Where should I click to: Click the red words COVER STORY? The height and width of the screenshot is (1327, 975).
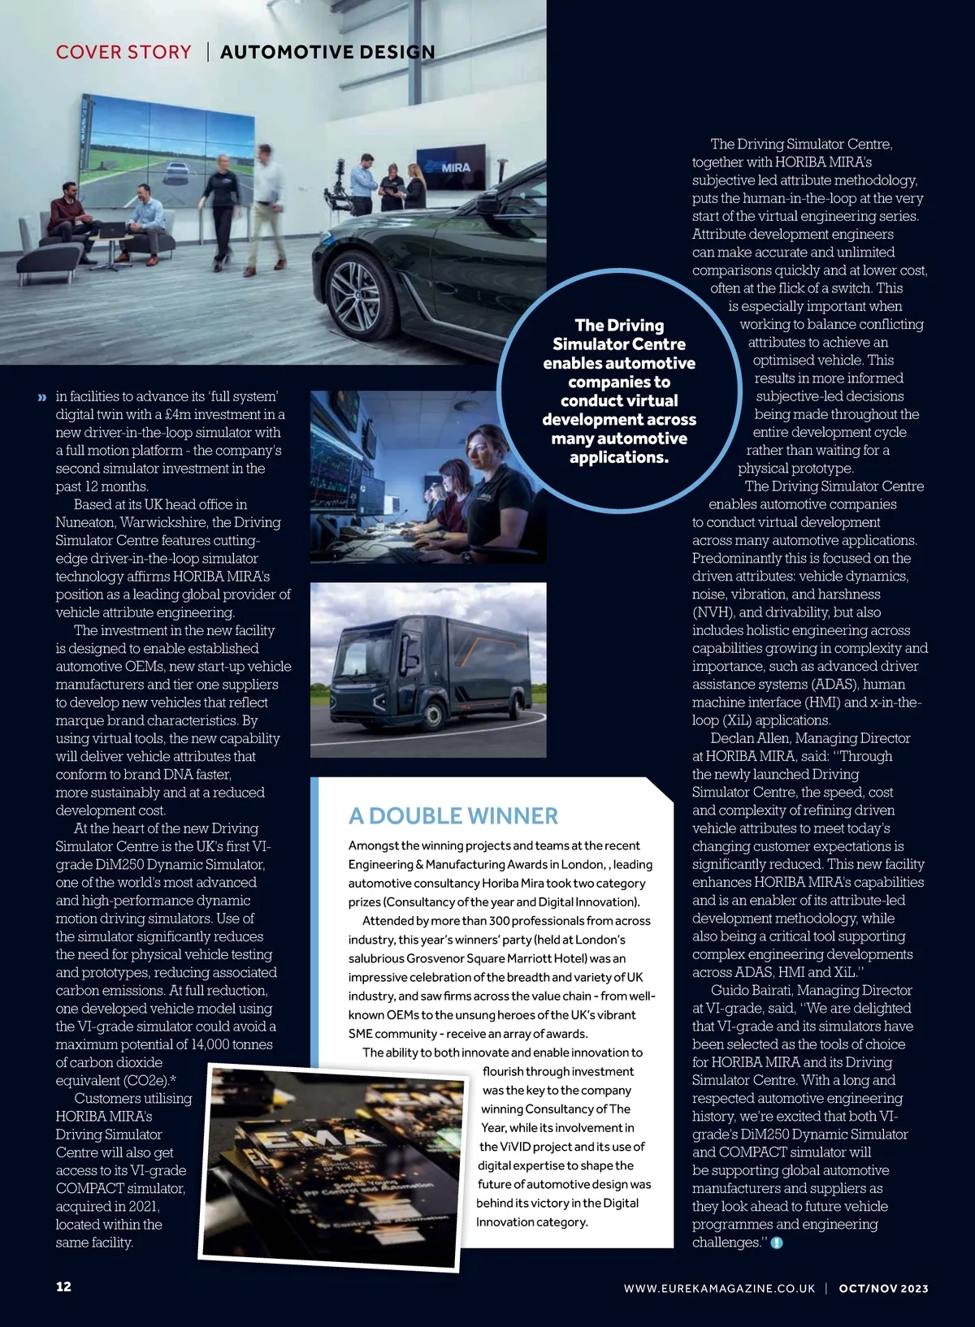point(123,52)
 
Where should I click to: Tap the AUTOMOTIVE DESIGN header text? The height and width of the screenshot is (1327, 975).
point(327,52)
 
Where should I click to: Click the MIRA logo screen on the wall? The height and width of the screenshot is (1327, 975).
point(450,167)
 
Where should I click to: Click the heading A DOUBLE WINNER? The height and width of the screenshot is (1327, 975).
point(453,815)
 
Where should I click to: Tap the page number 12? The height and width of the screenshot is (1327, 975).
point(63,1286)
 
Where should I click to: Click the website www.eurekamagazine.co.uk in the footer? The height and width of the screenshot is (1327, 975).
point(719,1288)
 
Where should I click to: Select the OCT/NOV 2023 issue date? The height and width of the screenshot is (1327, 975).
point(883,1288)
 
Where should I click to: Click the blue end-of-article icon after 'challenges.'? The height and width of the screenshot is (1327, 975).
point(777,1243)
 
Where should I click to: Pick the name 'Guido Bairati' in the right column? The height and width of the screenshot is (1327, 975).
point(753,990)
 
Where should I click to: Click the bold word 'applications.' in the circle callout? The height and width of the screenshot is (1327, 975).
point(619,457)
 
